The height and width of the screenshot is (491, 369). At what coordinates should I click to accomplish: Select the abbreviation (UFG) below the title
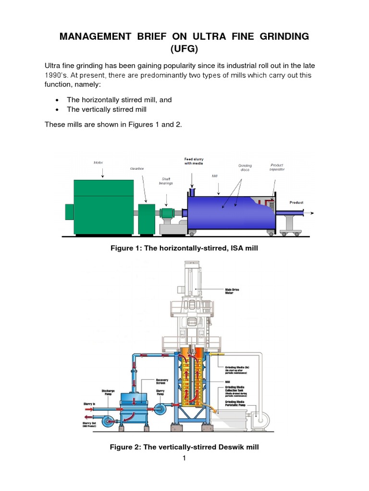click(184, 49)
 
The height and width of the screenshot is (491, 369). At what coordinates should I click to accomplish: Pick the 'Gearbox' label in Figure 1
click(137, 169)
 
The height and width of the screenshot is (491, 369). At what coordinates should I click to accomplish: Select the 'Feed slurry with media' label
click(194, 161)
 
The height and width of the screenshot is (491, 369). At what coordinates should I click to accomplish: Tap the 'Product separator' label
click(277, 167)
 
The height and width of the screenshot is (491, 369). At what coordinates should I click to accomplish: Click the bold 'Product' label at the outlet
click(296, 203)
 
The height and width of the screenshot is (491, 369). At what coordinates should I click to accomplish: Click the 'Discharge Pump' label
click(109, 392)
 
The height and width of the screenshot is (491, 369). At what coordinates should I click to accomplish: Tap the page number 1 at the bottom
click(184, 458)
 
